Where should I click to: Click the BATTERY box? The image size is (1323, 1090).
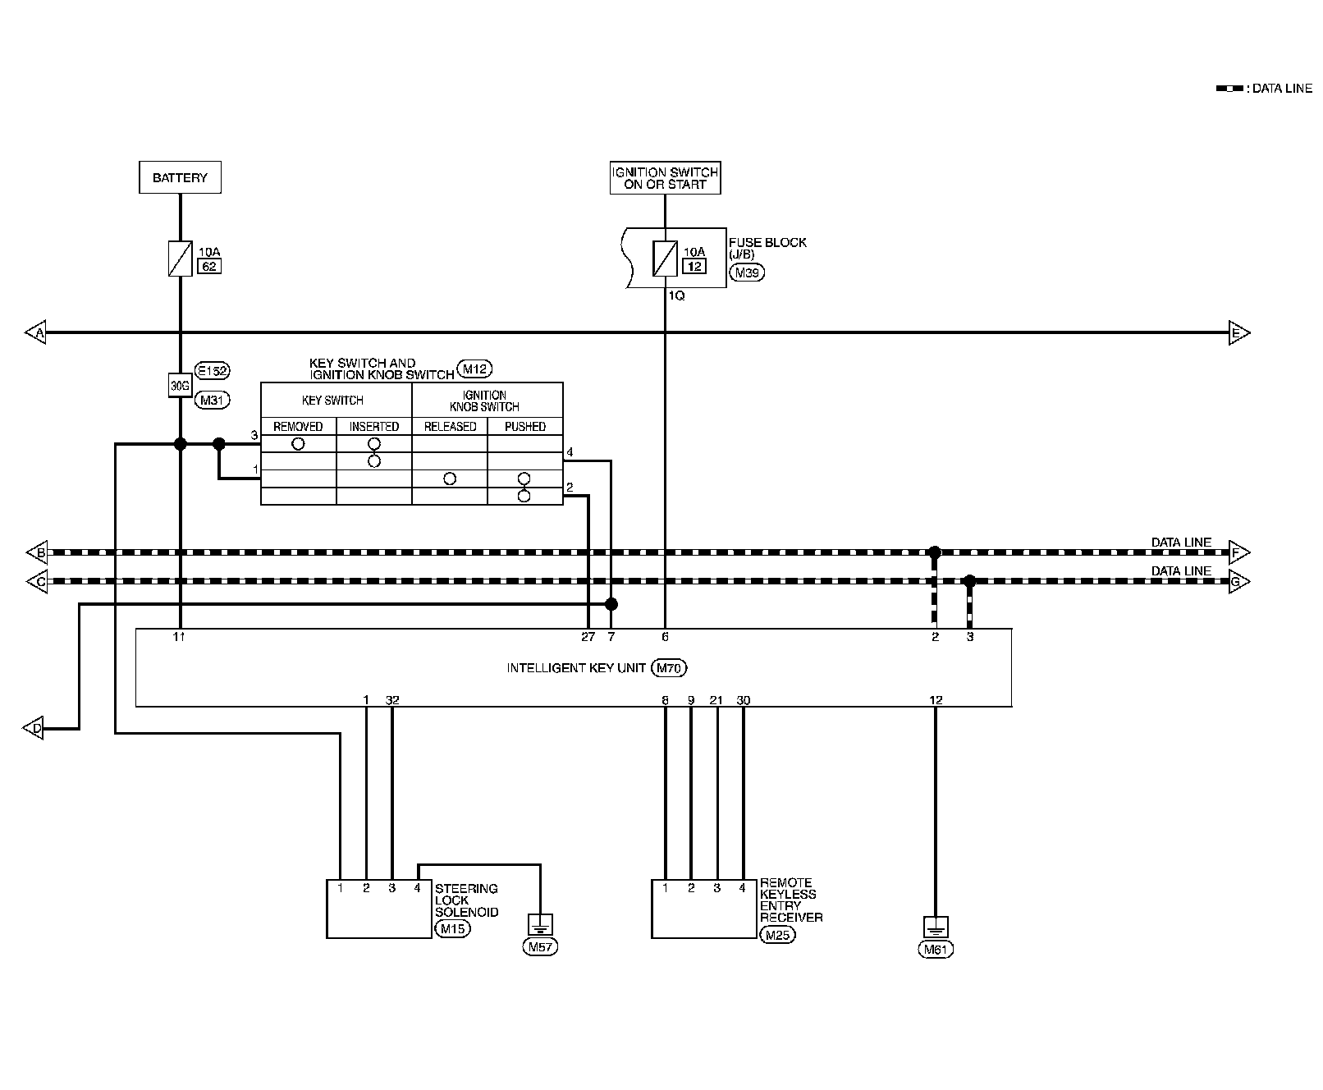tap(180, 177)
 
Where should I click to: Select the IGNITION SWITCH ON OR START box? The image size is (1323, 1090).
tap(665, 178)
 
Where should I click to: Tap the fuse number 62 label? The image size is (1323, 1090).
tap(209, 266)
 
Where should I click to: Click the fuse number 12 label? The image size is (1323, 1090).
tap(694, 266)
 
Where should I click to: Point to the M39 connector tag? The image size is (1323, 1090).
tap(746, 273)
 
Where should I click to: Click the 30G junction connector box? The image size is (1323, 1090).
tap(180, 386)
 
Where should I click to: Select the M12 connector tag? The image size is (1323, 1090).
tap(475, 369)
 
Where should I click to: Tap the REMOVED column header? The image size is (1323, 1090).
tap(298, 427)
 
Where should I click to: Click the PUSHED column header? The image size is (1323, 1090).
tap(525, 427)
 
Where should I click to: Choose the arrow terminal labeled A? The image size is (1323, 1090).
tap(36, 333)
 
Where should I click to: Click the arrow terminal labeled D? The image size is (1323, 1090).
tap(34, 728)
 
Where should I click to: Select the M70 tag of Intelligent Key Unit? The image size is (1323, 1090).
tap(669, 668)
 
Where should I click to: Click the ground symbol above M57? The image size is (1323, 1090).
tap(540, 925)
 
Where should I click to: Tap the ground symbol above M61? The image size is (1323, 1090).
tap(936, 927)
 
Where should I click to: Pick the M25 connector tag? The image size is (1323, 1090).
tap(777, 934)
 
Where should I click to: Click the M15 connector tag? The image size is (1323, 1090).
tap(451, 929)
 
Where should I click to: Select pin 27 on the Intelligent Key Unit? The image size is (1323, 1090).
tap(588, 637)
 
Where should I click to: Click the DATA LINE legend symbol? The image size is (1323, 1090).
tap(1229, 89)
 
